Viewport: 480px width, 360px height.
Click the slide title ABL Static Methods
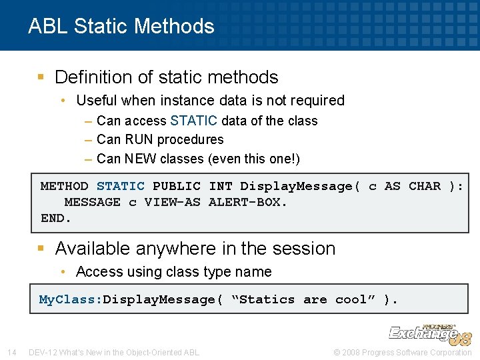(121, 26)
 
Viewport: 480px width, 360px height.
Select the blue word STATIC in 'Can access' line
(193, 121)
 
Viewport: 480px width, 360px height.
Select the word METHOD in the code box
(64, 186)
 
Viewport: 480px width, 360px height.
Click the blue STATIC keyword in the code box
(120, 186)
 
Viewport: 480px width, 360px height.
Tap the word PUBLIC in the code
(176, 186)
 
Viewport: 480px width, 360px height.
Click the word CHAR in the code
(424, 186)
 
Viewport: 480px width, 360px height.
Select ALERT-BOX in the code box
(247, 202)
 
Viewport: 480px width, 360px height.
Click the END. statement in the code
(56, 218)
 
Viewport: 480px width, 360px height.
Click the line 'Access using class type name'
(173, 272)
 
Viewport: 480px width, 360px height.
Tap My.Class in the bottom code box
(68, 299)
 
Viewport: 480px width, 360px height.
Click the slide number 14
(11, 352)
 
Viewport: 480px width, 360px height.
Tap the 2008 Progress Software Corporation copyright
(403, 352)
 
